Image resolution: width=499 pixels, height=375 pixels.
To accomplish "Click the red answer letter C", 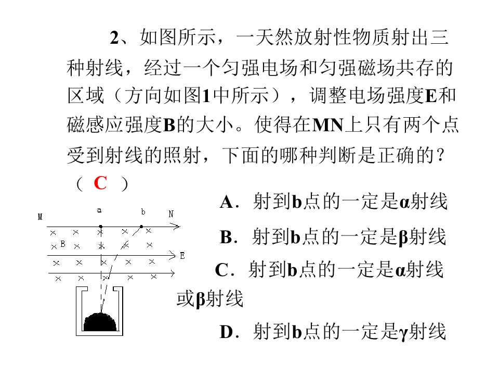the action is pos(100,183).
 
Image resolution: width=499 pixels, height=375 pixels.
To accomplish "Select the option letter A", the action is pos(227,202).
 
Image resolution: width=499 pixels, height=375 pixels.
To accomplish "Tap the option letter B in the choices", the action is pos(226,237).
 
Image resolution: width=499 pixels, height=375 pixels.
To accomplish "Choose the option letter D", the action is pos(227,332).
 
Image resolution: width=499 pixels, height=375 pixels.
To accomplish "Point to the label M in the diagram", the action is pos(40,217).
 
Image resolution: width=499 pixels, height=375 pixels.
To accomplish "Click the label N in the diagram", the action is pos(171,214).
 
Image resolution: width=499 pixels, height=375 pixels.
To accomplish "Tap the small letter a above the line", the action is pos(99,210).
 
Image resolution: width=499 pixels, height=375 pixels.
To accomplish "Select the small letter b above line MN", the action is pos(143,211).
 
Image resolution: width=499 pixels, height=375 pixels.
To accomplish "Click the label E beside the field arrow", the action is pos(182,256).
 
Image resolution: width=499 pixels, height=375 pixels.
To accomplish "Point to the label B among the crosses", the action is pos(63,244).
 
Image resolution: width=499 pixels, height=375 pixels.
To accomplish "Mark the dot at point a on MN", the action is pos(100,227).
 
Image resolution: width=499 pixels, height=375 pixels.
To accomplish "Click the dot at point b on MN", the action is pos(141,227).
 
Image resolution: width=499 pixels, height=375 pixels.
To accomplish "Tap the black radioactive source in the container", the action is pos(100,322).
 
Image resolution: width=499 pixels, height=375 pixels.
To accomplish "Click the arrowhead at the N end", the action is pos(176,227).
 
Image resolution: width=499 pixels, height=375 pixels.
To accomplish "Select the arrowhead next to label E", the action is pos(172,255).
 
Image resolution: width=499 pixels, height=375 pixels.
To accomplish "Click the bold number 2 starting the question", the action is pos(114,38).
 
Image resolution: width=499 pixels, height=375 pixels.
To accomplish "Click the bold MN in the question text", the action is pos(328,126).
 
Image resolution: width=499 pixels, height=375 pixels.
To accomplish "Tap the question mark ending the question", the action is pos(441,155).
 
